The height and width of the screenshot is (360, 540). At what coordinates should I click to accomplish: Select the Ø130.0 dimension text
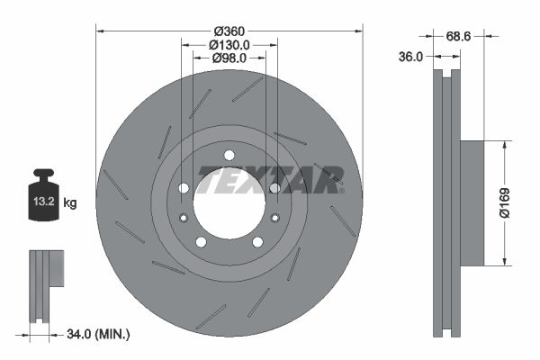229,44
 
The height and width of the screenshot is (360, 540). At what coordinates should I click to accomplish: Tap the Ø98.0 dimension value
229,58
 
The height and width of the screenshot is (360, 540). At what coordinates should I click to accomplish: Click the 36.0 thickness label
410,56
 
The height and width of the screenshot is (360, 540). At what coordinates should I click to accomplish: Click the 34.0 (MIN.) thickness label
99,335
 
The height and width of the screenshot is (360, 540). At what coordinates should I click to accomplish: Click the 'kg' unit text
70,203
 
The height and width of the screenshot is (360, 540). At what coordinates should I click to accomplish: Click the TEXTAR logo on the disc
270,179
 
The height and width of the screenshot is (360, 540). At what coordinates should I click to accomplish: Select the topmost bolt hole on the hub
229,154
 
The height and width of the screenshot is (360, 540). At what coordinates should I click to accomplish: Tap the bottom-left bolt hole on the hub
200,242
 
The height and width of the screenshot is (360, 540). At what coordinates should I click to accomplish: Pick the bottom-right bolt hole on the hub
257,242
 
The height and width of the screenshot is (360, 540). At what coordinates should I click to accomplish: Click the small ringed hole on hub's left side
184,217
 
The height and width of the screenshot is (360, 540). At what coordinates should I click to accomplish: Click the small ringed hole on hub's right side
274,217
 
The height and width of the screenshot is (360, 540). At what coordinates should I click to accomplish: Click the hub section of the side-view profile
472,202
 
